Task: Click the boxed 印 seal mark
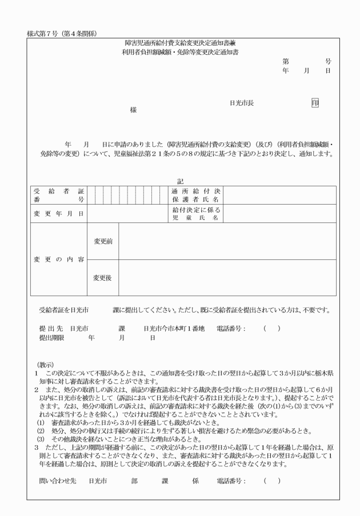(x=314, y=103)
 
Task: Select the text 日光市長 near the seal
(x=242, y=103)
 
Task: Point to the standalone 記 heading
(x=181, y=181)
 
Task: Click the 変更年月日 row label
(x=57, y=213)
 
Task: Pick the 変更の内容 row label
(x=57, y=259)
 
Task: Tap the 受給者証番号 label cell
(x=57, y=195)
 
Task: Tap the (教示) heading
(x=45, y=364)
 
